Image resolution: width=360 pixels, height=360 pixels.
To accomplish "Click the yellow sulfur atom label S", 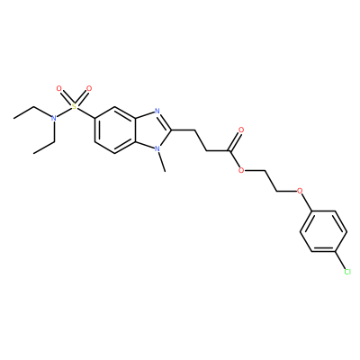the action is click(x=74, y=107).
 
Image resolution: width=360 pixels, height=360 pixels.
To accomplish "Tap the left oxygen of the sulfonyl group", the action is click(x=58, y=89).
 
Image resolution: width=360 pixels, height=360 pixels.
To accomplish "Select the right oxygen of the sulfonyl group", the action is click(x=89, y=89).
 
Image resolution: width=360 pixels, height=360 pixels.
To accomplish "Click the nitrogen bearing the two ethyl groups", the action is click(x=54, y=119).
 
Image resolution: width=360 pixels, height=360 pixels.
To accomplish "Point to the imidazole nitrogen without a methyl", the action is click(x=157, y=112).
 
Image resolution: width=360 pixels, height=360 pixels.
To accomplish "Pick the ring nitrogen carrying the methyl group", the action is click(x=157, y=148).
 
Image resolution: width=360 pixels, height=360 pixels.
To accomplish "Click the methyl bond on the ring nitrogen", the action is click(x=161, y=162).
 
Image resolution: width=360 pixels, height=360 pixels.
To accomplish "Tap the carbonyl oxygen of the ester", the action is click(x=240, y=130).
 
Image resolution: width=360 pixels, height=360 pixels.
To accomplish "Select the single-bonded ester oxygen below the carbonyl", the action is click(x=240, y=171).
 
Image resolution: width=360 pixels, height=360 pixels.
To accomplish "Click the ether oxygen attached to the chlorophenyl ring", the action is click(x=299, y=191).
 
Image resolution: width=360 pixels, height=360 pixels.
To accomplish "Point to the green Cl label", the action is click(x=347, y=272).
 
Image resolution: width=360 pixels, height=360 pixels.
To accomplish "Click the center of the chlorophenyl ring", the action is click(x=324, y=231).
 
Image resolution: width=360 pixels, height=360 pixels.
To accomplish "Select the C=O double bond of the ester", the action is click(x=235, y=141).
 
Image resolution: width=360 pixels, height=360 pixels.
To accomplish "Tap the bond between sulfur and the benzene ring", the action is click(x=85, y=113).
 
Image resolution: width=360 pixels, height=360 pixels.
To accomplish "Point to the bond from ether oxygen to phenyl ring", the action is click(x=306, y=202).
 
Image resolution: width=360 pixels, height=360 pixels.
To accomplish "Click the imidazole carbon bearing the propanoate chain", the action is click(x=171, y=130).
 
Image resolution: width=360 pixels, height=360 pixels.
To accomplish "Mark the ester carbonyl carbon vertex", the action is click(x=229, y=150).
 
